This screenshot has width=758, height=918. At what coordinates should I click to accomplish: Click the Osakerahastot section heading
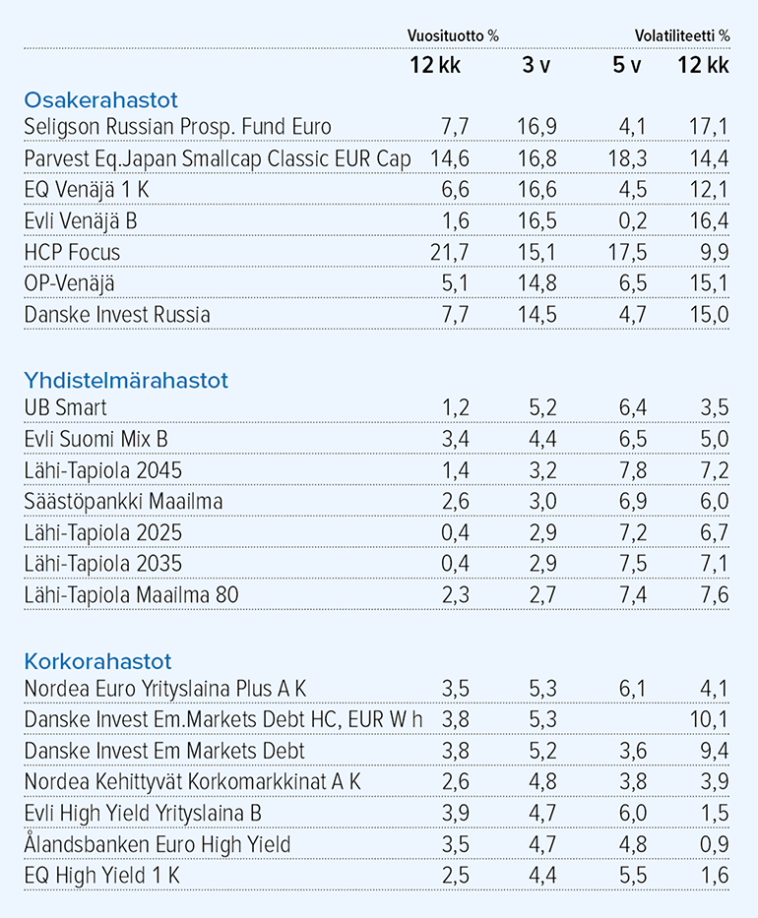(x=100, y=100)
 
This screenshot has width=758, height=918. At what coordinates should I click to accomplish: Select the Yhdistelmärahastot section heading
(x=126, y=381)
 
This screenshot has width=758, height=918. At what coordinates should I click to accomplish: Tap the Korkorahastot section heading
(x=97, y=661)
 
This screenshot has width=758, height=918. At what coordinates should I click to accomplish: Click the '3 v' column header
(x=537, y=65)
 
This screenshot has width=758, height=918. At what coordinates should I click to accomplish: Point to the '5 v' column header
(x=627, y=65)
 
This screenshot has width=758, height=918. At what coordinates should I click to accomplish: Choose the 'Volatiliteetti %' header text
(x=682, y=35)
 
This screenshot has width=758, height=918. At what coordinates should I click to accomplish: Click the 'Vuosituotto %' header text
(x=454, y=35)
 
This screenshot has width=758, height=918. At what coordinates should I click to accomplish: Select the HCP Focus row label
(x=72, y=252)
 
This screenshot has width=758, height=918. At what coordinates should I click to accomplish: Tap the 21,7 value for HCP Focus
(x=450, y=252)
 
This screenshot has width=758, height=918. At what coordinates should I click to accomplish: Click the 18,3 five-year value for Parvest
(x=627, y=158)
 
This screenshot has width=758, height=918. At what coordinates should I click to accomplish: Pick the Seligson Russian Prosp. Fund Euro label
(x=177, y=127)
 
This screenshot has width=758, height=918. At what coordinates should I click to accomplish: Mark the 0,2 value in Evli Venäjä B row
(x=633, y=221)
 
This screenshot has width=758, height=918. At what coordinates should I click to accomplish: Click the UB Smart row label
(x=66, y=408)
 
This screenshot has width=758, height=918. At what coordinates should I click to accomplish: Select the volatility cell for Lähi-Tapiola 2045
(x=715, y=470)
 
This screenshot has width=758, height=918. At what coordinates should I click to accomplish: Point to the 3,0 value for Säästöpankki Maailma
(x=542, y=502)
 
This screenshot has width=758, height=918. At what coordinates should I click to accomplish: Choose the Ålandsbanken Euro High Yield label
(x=158, y=844)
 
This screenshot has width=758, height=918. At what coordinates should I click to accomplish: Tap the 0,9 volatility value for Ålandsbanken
(x=715, y=844)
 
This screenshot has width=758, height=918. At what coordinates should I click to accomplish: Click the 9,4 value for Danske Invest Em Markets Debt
(x=715, y=751)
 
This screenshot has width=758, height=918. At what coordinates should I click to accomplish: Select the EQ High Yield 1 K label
(x=102, y=876)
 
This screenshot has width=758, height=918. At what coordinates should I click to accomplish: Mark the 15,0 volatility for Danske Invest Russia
(x=710, y=315)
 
